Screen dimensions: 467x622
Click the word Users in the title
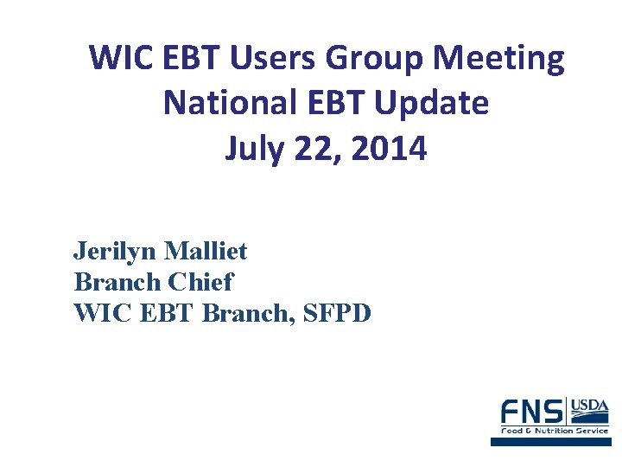(x=271, y=59)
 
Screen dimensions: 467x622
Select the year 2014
(x=390, y=149)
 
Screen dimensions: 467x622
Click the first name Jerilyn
(x=115, y=252)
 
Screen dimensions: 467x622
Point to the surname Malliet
(x=206, y=252)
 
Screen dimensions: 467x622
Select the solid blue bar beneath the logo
(x=550, y=441)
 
